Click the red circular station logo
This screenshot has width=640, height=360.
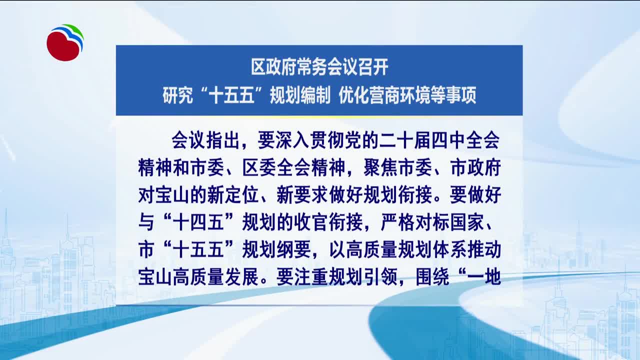coord(65,43)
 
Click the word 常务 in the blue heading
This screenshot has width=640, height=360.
coord(312,67)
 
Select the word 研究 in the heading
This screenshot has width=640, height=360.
coord(177,95)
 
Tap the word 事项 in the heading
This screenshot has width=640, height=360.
coord(461,95)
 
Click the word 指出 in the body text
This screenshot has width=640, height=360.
coord(222,140)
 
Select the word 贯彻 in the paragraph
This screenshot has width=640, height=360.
coord(327,140)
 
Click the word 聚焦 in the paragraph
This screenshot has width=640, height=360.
coord(380,167)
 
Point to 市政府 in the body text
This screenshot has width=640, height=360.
coord(475,167)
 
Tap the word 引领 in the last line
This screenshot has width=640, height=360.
coord(380,277)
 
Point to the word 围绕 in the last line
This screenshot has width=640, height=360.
coord(432,277)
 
